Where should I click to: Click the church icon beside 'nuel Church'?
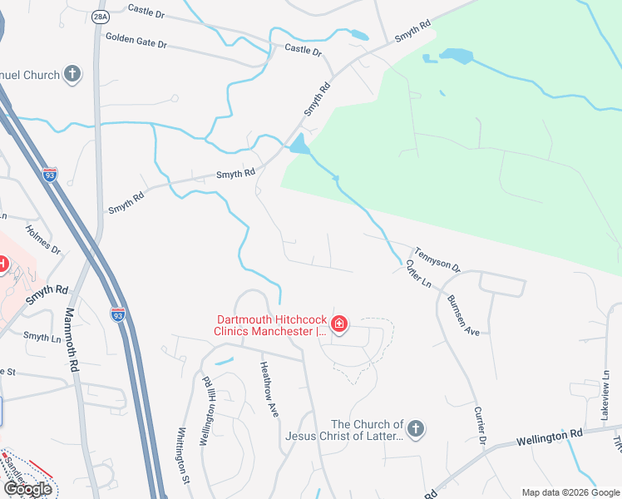[x=72, y=75]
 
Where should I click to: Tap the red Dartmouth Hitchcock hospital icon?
[x=338, y=324]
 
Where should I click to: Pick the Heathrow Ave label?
[x=269, y=388]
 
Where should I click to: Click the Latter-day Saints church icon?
[x=416, y=429]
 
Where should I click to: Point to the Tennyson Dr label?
[x=437, y=260]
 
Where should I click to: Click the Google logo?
[x=27, y=489]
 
